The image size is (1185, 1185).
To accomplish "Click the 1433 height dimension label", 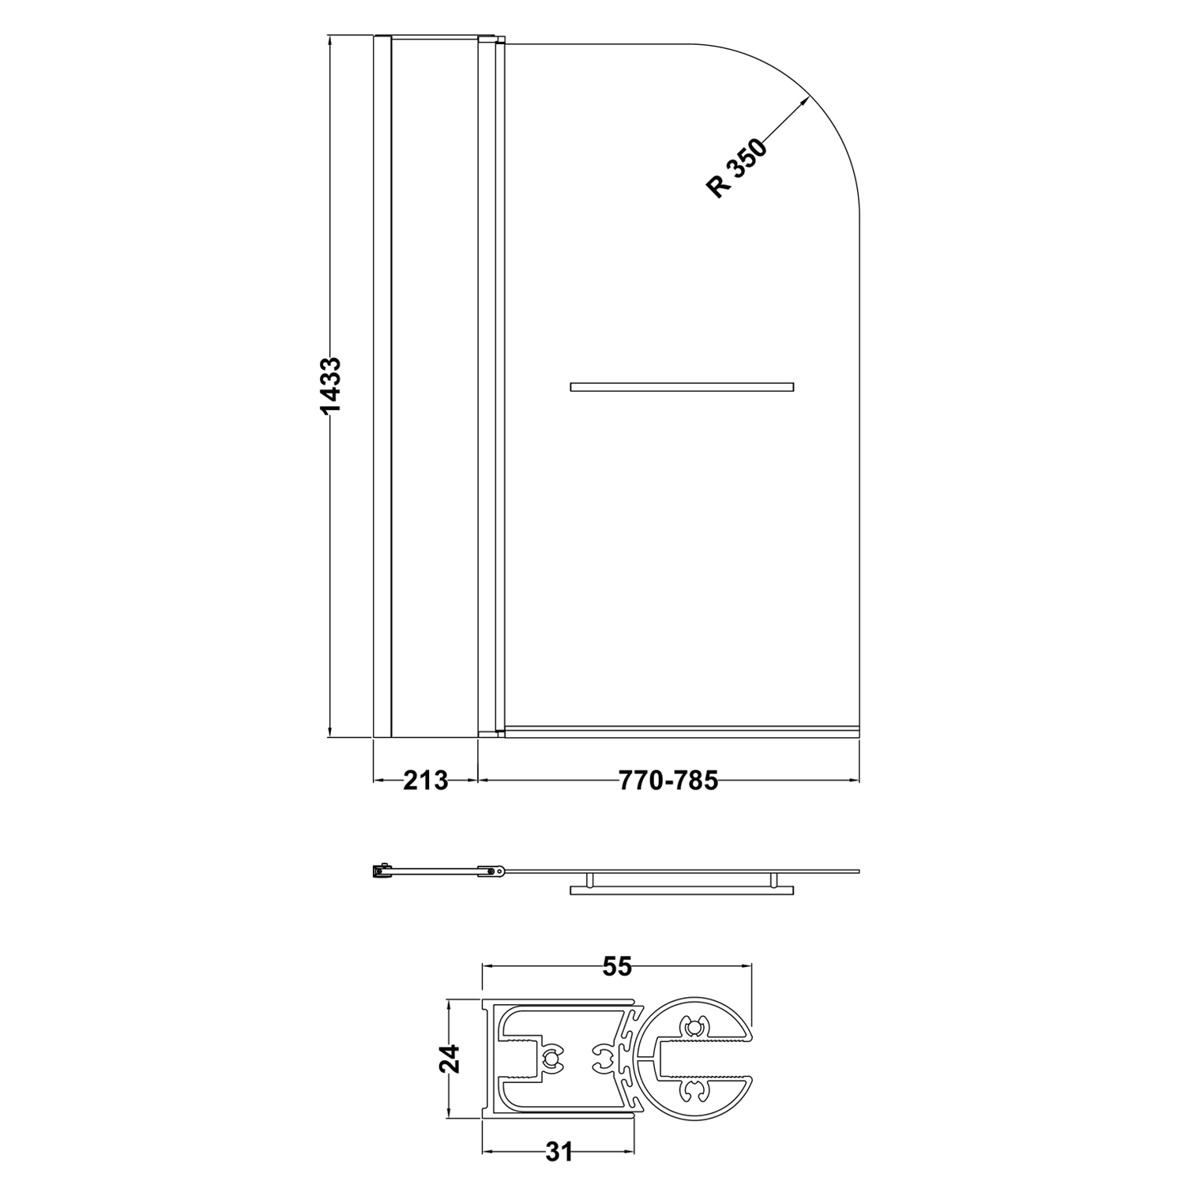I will (x=330, y=386).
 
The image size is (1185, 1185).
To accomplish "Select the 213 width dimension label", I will (x=425, y=781).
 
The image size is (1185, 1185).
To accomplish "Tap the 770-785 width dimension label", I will (x=668, y=781).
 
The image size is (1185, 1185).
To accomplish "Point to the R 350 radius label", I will (x=736, y=169).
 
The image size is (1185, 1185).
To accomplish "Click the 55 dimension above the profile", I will (x=618, y=966).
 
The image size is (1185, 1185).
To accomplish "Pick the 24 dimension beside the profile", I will (x=448, y=1059).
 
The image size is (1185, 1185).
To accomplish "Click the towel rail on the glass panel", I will (x=681, y=387).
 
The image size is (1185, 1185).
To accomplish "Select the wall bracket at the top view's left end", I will (x=382, y=871).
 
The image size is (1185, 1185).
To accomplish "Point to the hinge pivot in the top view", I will (x=494, y=871).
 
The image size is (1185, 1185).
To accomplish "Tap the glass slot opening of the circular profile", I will (x=747, y=1059).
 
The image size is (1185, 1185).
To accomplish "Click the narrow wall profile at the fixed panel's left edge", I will (x=382, y=386).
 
